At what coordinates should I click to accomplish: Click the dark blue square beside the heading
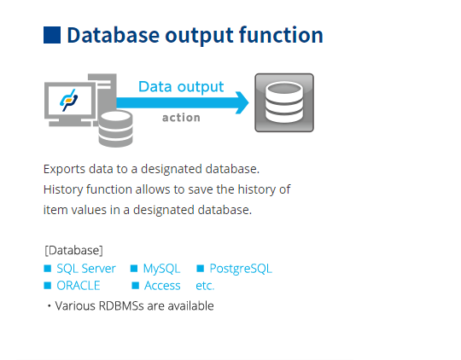click(52, 35)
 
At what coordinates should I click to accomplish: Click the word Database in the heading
click(114, 35)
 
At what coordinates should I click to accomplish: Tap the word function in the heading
click(281, 35)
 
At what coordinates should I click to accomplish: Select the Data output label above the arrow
click(181, 87)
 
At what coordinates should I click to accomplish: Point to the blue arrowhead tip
click(248, 102)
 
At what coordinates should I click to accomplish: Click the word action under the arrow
click(181, 118)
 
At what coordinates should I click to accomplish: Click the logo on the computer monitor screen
click(69, 100)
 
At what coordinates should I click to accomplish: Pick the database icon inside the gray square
click(284, 102)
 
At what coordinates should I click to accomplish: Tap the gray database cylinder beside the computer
click(115, 129)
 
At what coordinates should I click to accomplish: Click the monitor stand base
click(70, 124)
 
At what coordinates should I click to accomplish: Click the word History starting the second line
click(63, 189)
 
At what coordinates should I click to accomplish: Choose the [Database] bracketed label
click(73, 251)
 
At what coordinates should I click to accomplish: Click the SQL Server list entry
click(86, 269)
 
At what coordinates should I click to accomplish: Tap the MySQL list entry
click(161, 269)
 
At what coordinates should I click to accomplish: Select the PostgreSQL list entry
click(241, 269)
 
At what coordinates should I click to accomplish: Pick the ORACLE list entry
click(79, 286)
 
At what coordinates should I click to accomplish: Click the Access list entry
click(162, 286)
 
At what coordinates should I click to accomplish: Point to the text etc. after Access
click(205, 286)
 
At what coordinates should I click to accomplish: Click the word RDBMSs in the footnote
click(121, 306)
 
